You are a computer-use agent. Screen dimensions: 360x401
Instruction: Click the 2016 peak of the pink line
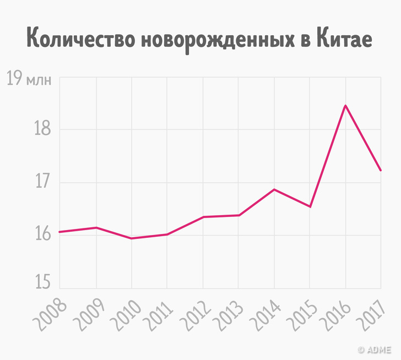point(345,105)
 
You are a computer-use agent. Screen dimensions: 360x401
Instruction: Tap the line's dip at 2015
point(310,206)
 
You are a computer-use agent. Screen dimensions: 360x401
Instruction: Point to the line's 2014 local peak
point(274,189)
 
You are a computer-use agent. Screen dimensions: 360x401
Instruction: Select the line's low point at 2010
point(131,238)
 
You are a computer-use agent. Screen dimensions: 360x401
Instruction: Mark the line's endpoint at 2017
point(381,171)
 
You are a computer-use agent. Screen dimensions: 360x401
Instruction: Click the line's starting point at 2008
point(59,232)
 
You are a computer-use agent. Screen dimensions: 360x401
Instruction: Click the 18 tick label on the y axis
point(44,130)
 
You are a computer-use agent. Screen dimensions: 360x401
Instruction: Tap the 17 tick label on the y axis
point(44,182)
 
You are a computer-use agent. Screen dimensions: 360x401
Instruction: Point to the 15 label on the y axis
point(44,282)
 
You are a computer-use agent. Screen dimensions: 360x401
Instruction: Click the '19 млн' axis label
point(30,79)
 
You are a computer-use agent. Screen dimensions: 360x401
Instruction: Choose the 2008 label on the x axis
point(50,314)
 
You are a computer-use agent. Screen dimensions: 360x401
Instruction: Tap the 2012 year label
point(192,314)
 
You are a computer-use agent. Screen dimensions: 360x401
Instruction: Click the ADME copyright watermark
point(377,349)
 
